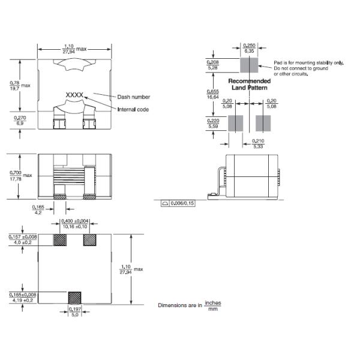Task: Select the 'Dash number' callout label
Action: (x=133, y=97)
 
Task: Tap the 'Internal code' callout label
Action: (x=133, y=109)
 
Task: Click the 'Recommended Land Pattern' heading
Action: (x=250, y=84)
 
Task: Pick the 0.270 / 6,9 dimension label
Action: (x=20, y=121)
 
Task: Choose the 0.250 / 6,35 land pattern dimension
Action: (x=248, y=48)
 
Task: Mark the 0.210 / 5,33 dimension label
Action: (x=257, y=143)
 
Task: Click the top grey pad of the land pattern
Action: (x=248, y=65)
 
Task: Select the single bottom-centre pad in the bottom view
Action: (x=75, y=296)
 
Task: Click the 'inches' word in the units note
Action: (x=212, y=302)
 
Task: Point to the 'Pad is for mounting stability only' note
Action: (x=308, y=62)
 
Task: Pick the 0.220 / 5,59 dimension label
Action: (x=212, y=123)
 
